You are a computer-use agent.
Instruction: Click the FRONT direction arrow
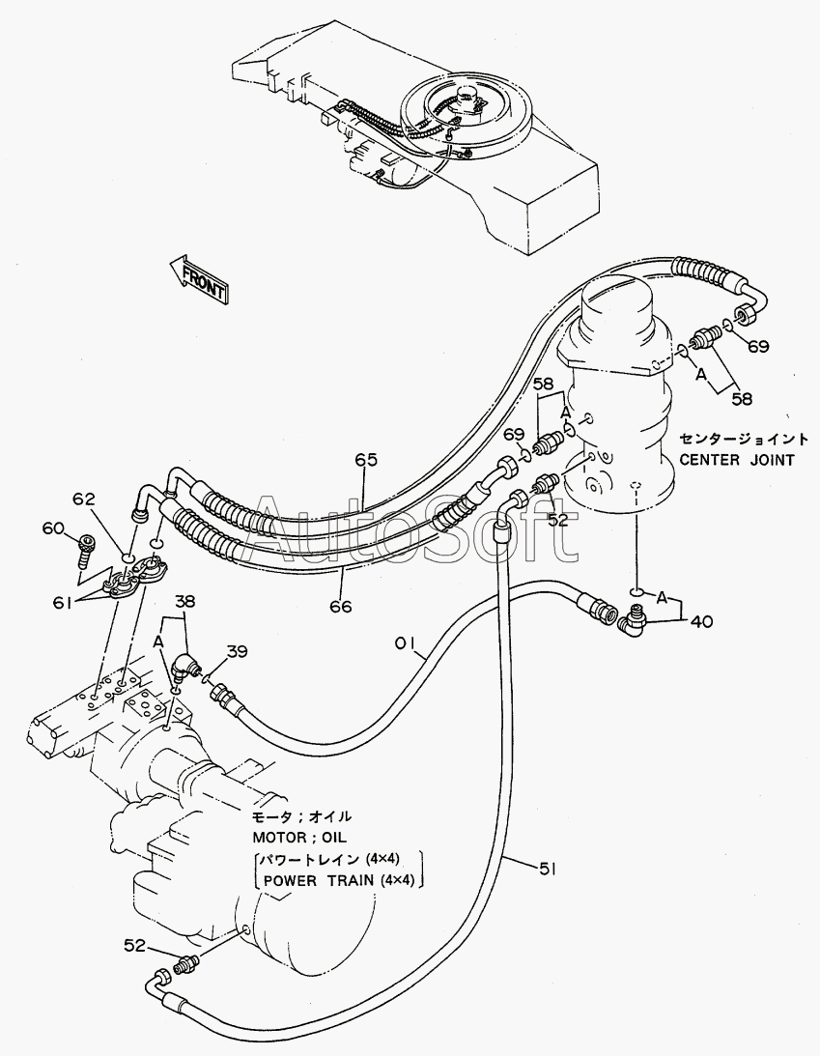tap(198, 279)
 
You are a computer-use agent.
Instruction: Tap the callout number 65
tap(366, 460)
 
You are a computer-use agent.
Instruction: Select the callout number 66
tap(341, 606)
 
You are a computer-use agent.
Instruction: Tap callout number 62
tap(84, 499)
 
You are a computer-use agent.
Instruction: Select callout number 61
tap(63, 604)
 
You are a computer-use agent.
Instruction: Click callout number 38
tap(185, 601)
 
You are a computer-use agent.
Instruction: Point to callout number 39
tap(237, 651)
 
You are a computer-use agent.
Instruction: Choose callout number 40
tap(701, 620)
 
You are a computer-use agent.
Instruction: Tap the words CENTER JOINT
tap(737, 460)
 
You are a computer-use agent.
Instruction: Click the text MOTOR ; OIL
tap(299, 837)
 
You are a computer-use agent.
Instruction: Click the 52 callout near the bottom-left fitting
tap(134, 946)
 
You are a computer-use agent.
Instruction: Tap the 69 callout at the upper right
tap(758, 346)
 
